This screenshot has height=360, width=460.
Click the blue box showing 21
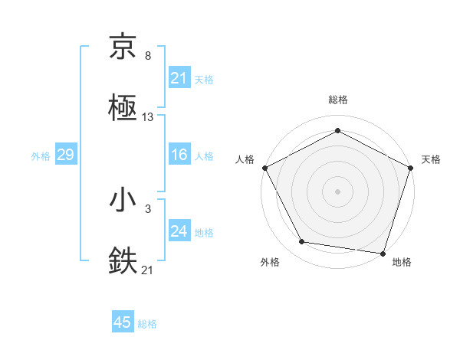point(179,78)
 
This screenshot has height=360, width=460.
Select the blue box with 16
point(179,155)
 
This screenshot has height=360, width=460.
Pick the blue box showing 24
point(179,231)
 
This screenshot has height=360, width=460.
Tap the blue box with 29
point(65,155)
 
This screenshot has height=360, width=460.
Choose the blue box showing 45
point(123,322)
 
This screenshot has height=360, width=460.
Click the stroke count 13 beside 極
point(148,117)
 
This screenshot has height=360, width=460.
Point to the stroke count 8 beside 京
point(147,56)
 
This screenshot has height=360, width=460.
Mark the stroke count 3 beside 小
point(147,208)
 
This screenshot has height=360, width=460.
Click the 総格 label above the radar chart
point(338,100)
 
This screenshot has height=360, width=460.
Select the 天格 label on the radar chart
point(432,159)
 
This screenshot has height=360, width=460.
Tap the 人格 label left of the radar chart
point(245,159)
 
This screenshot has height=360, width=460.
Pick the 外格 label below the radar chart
point(270,262)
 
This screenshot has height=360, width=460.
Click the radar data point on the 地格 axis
point(383,253)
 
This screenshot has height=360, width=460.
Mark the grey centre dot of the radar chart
point(338,191)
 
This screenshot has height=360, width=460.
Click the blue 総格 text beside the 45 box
point(147,324)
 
